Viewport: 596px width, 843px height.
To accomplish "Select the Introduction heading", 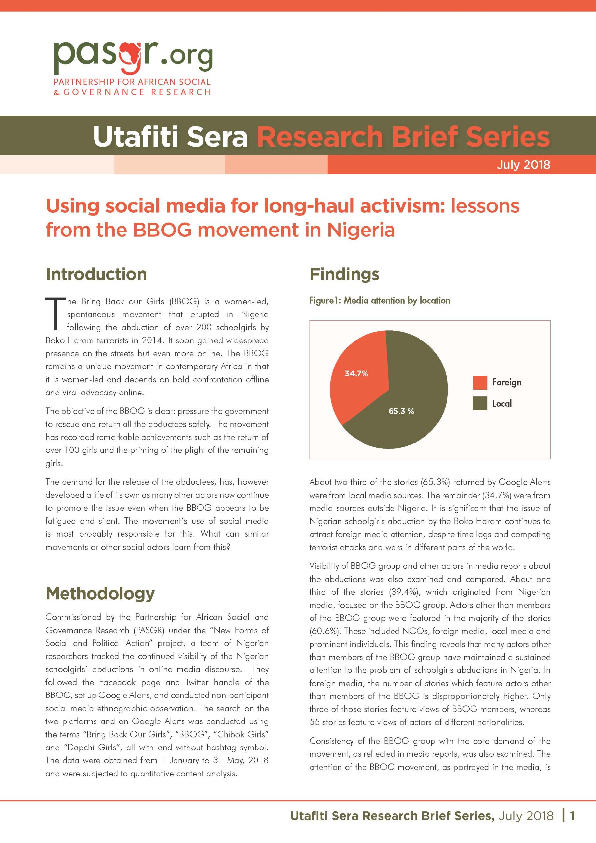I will point(96,274).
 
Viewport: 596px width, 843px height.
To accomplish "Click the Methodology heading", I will point(100,593).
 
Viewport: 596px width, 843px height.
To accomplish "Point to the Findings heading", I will point(344,274).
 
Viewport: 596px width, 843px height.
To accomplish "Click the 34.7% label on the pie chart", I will point(356,374).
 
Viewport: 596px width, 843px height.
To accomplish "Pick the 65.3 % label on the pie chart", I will point(401,411).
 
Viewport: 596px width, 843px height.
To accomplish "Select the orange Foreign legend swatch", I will point(479,383).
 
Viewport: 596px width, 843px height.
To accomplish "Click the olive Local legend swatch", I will point(479,403).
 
